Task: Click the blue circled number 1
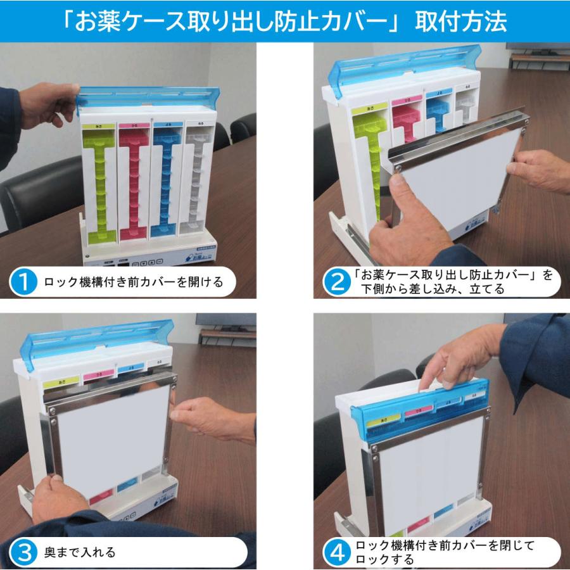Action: (x=24, y=282)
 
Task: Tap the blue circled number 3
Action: (x=24, y=552)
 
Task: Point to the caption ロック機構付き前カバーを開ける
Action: (x=133, y=282)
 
